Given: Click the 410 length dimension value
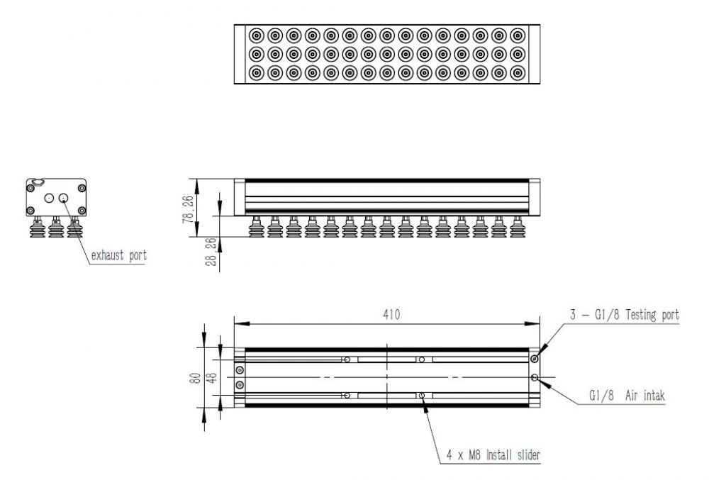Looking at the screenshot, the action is pyautogui.click(x=391, y=314).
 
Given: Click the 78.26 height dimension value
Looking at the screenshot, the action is pyautogui.click(x=188, y=208).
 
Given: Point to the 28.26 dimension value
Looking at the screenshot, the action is pyautogui.click(x=211, y=252).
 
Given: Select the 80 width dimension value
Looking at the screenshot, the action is pyautogui.click(x=195, y=378).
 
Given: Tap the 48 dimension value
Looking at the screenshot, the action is pyautogui.click(x=211, y=376).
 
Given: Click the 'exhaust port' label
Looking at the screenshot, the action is pyautogui.click(x=119, y=256).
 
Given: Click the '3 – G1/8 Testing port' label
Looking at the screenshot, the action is pyautogui.click(x=625, y=315).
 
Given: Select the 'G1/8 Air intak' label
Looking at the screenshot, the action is pyautogui.click(x=627, y=396).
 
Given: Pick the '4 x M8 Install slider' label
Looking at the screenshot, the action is pyautogui.click(x=493, y=455).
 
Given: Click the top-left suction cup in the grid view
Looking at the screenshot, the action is pyautogui.click(x=256, y=35).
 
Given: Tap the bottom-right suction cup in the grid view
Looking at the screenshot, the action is pyautogui.click(x=518, y=73).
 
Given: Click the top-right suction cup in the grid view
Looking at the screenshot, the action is pyautogui.click(x=518, y=35).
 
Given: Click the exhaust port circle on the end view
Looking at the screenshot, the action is pyautogui.click(x=64, y=198).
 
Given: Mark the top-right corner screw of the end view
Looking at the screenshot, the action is pyautogui.click(x=82, y=188).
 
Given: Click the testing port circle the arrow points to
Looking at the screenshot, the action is pyautogui.click(x=535, y=359).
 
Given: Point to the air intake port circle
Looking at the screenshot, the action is pyautogui.click(x=535, y=377).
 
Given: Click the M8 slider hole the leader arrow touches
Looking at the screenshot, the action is pyautogui.click(x=421, y=396).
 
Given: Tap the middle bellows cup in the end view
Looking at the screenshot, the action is pyautogui.click(x=55, y=227).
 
